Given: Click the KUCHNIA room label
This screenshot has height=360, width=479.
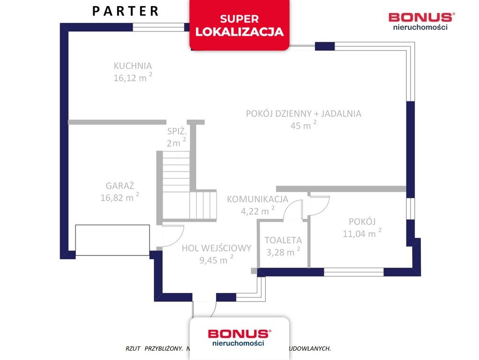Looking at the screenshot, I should [133, 66].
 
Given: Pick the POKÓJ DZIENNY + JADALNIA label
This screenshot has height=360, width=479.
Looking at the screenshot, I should [303, 113].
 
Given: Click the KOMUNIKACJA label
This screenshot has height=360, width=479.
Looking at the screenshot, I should [257, 199].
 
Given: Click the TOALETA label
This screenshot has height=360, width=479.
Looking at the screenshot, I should [283, 240].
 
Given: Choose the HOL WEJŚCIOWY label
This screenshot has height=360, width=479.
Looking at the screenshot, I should [217, 248].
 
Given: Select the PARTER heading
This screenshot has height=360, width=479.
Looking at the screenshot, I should [125, 11].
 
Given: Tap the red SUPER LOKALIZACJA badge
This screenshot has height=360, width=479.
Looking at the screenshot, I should [239, 25].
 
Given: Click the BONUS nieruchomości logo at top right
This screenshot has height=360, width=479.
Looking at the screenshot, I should [420, 21].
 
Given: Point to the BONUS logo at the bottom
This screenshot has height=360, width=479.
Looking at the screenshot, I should [239, 337].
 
